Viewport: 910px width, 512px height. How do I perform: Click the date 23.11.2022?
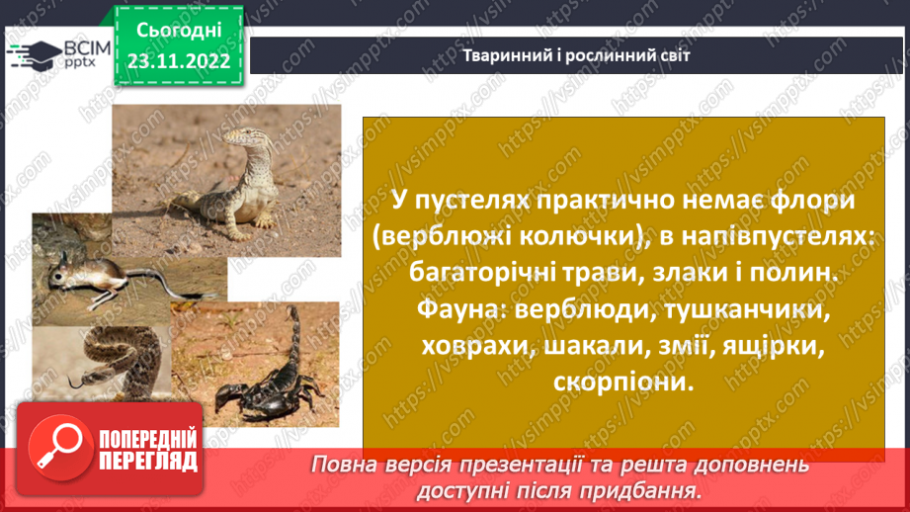coord(180,61)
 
